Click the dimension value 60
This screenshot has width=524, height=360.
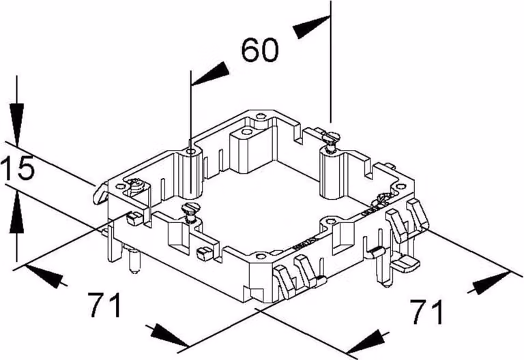[260, 50]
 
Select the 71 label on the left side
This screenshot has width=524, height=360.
[105, 305]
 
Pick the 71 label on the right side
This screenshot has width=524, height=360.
[427, 312]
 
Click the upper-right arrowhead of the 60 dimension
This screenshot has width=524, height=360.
[311, 27]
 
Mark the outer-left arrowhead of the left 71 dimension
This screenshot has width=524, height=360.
[44, 275]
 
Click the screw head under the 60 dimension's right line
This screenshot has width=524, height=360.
[330, 136]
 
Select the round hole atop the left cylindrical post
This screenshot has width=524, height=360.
[191, 153]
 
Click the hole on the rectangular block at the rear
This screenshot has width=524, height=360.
[246, 131]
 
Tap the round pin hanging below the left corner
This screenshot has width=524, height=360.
[134, 261]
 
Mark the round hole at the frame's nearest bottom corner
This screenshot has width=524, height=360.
[261, 257]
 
